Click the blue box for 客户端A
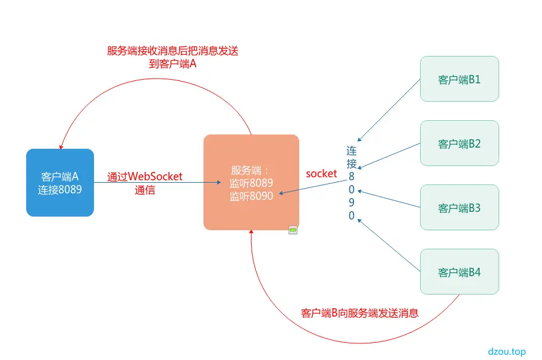click(60, 182)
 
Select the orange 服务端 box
click(251, 182)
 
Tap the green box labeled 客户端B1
click(459, 79)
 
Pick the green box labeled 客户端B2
click(459, 143)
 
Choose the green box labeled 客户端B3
click(459, 208)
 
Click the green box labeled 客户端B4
click(459, 272)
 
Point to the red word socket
click(321, 174)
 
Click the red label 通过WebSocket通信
click(145, 183)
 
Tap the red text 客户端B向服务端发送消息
click(360, 313)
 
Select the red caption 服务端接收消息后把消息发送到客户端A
click(173, 57)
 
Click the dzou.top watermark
click(506, 352)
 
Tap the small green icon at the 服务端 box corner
click(293, 230)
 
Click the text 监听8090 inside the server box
click(251, 196)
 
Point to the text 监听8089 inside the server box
click(251, 183)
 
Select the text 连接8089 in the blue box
click(60, 190)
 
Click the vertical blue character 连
click(352, 151)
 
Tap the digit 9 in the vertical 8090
click(352, 203)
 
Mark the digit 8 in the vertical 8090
click(352, 177)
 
